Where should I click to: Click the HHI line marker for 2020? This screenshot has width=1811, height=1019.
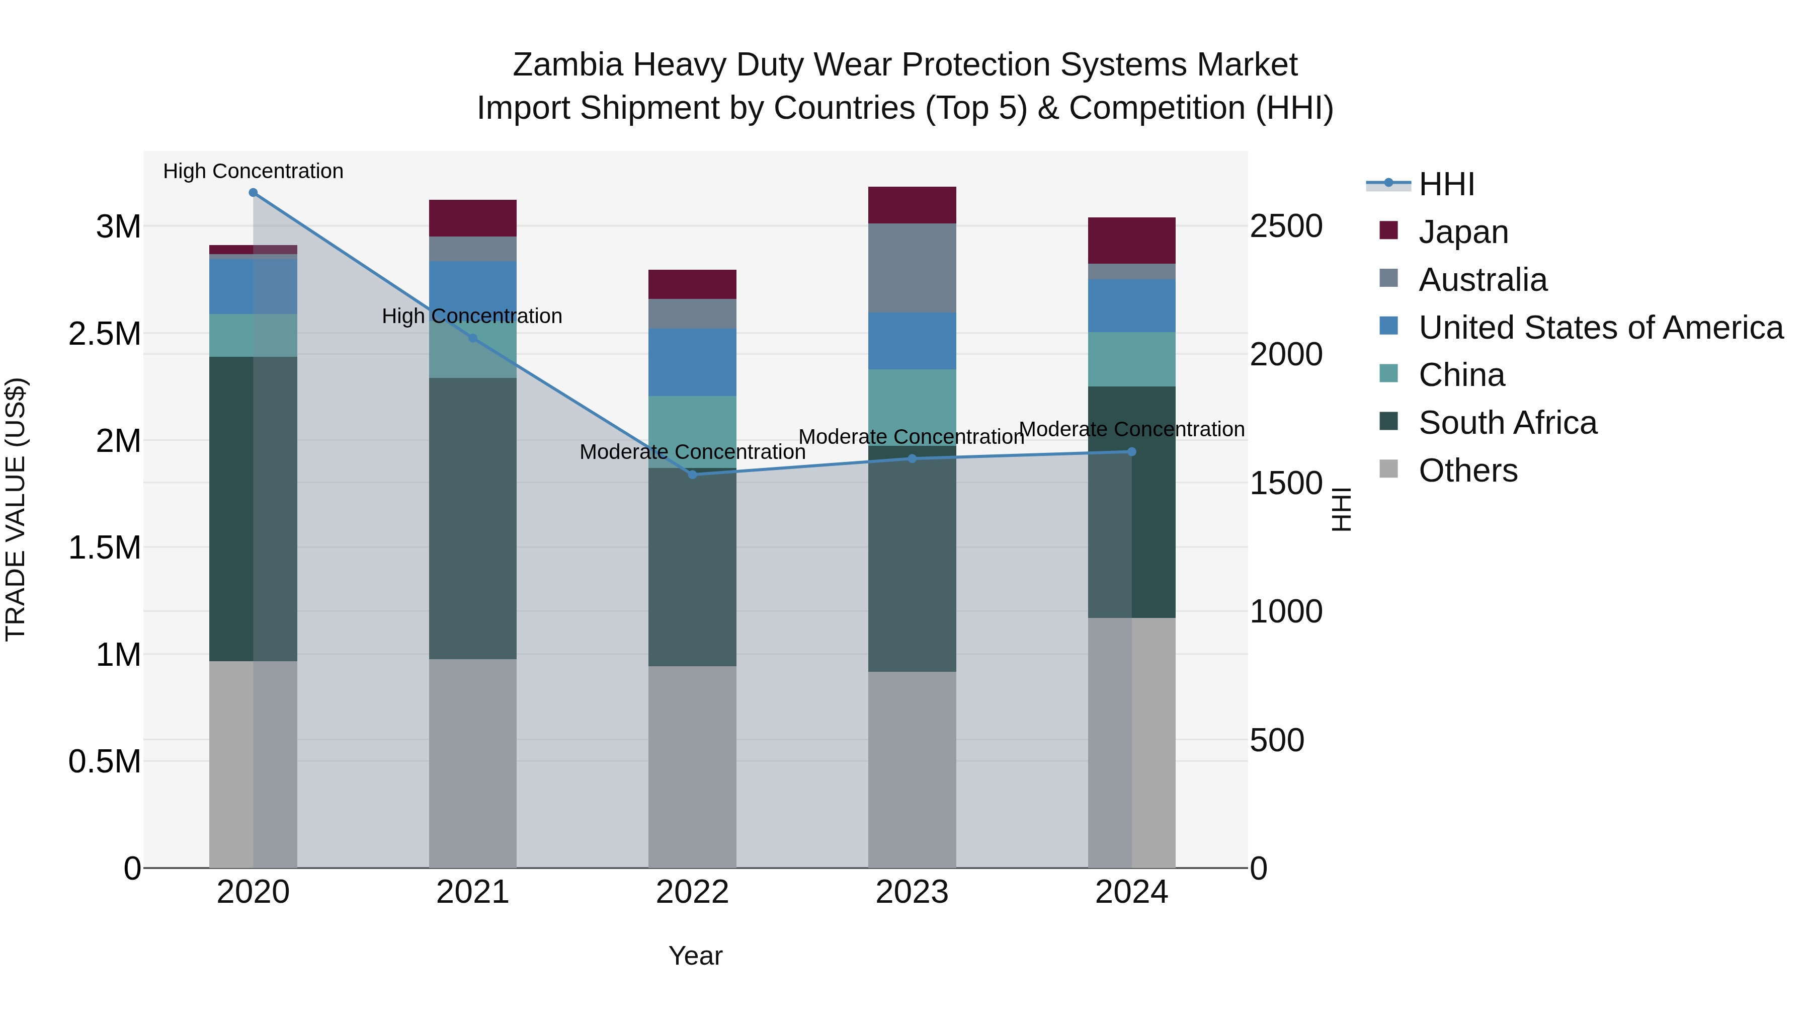pos(253,193)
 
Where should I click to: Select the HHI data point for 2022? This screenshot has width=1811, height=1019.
pos(693,475)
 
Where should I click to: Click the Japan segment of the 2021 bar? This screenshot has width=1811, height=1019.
pos(472,218)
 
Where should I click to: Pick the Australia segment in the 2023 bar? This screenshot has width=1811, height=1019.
pos(912,268)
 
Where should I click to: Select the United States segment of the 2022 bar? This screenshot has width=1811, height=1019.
pos(693,362)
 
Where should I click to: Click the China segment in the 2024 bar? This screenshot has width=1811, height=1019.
pos(1132,359)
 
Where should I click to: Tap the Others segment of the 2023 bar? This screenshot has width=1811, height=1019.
pos(912,769)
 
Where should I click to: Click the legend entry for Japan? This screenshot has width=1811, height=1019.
pos(1463,232)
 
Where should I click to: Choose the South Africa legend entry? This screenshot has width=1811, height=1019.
pos(1507,423)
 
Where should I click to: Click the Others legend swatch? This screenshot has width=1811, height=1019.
pos(1388,469)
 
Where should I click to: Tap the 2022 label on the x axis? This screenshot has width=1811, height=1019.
pos(693,892)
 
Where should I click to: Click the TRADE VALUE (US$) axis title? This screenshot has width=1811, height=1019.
pos(16,509)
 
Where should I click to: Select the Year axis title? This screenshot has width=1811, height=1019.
pos(695,956)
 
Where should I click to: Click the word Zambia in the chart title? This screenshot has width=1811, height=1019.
pos(567,65)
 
